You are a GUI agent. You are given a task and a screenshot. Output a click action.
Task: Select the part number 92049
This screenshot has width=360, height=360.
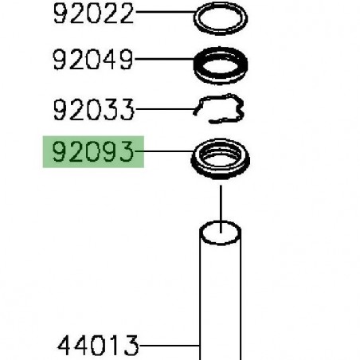[94, 59]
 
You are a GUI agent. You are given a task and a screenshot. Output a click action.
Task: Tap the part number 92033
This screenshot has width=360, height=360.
[94, 108]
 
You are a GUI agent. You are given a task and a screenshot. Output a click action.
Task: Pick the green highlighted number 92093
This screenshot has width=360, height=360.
[94, 152]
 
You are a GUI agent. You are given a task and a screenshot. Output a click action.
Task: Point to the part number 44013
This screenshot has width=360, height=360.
[99, 346]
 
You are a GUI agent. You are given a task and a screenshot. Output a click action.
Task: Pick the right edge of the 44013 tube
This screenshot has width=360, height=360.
[241, 303]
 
